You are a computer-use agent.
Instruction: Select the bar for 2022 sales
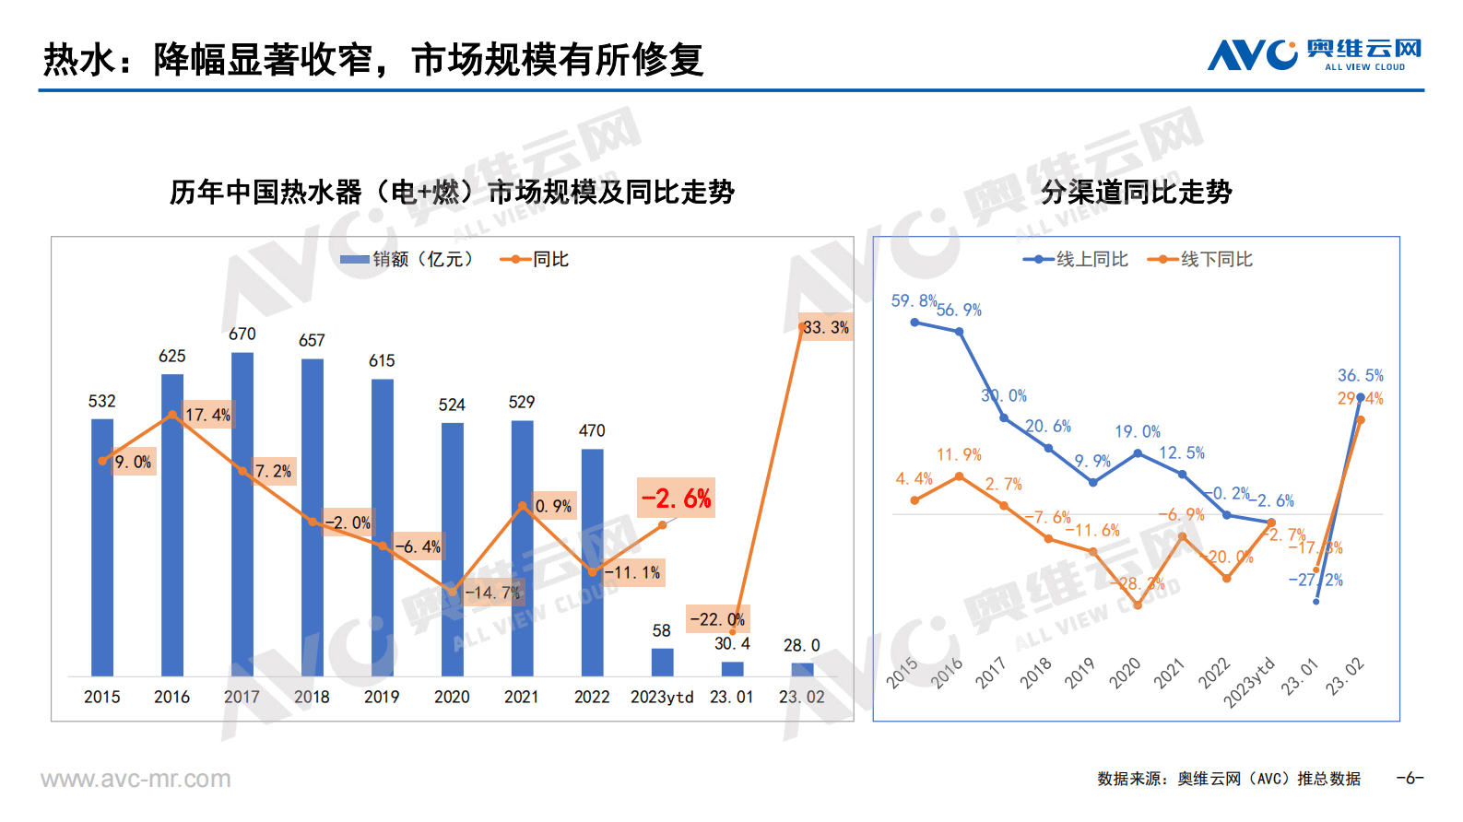point(592,562)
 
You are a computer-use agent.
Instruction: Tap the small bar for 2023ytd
point(662,662)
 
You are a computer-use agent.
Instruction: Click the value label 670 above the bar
point(242,335)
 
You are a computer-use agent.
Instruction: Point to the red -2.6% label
point(676,499)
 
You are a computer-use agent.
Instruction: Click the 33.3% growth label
point(825,327)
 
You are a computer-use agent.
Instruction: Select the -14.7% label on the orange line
point(492,593)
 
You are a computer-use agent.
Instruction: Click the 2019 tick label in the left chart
point(382,698)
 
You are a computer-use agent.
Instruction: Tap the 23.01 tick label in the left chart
point(731,698)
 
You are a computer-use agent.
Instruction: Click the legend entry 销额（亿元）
point(407,260)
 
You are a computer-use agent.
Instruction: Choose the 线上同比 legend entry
point(1076,260)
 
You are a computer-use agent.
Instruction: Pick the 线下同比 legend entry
point(1200,260)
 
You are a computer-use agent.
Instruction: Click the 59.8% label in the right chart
point(913,301)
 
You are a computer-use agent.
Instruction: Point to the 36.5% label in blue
point(1360,376)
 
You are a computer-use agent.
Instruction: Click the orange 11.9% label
point(959,455)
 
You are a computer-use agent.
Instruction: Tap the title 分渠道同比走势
point(1136,193)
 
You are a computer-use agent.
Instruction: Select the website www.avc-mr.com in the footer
point(136,780)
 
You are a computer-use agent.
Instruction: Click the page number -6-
point(1410,779)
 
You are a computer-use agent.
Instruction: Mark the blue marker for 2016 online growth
point(960,332)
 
